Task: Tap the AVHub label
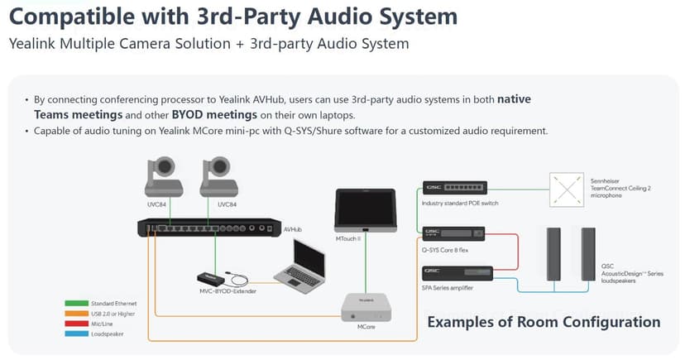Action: (x=293, y=229)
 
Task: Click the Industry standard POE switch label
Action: (x=460, y=203)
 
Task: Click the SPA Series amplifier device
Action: (x=457, y=272)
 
